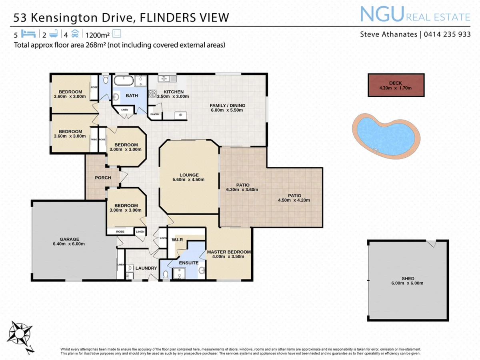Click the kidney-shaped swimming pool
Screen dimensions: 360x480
(x=386, y=136)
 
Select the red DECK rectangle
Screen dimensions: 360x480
(x=396, y=85)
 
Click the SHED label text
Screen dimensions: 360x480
(x=408, y=278)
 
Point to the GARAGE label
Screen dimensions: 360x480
(x=69, y=239)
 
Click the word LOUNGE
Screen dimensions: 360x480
(x=189, y=175)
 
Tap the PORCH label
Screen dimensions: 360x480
(x=102, y=178)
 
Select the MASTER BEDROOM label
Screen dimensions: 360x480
(x=228, y=252)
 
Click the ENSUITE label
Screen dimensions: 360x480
(x=188, y=263)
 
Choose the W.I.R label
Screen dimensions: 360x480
(x=177, y=240)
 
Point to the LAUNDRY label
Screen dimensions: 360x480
(x=146, y=268)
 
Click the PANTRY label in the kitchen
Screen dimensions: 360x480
(x=155, y=114)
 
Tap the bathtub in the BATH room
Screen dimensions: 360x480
(x=124, y=80)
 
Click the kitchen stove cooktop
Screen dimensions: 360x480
(x=153, y=94)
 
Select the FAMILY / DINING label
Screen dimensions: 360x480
(x=227, y=106)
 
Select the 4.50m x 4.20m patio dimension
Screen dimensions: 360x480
(x=294, y=200)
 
